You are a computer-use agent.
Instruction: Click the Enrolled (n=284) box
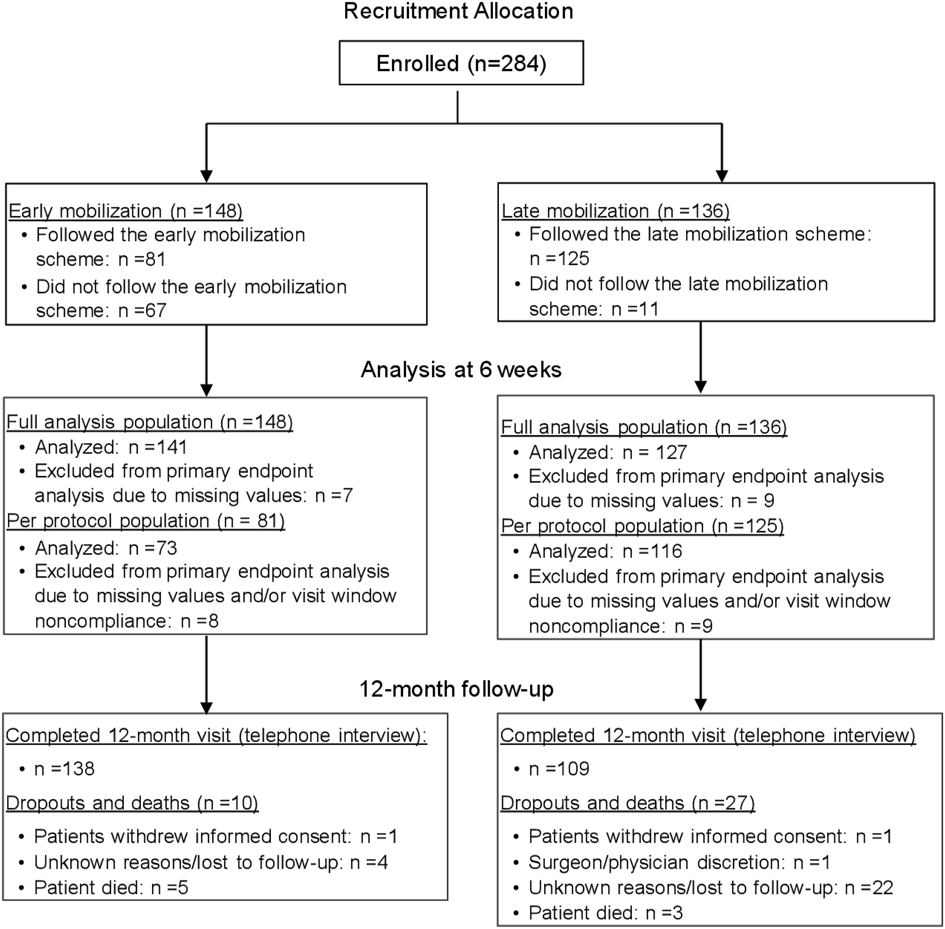(x=461, y=63)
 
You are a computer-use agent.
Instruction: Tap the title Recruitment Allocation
(x=459, y=11)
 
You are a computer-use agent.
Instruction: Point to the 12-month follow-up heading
(x=457, y=689)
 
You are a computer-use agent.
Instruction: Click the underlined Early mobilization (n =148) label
(x=126, y=211)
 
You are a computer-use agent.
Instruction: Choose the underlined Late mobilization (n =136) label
(x=616, y=211)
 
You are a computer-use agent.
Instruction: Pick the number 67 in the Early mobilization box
(x=156, y=310)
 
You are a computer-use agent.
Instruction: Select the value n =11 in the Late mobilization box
(x=635, y=309)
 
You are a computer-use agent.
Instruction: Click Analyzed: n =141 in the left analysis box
(x=111, y=447)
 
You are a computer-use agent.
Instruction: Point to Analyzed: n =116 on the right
(x=605, y=551)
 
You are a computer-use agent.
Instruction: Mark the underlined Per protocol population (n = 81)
(x=146, y=521)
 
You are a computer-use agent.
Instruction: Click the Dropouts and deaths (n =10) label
(x=132, y=803)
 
